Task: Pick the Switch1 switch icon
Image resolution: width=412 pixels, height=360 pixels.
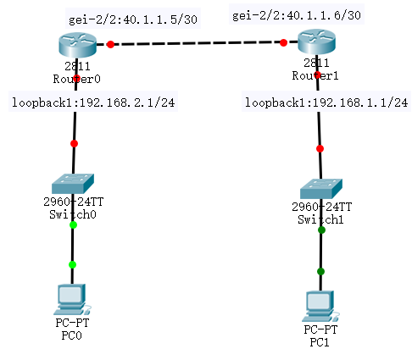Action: pyautogui.click(x=320, y=188)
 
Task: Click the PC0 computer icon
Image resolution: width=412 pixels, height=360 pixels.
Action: pyautogui.click(x=71, y=297)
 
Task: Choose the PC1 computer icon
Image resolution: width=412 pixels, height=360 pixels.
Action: pyautogui.click(x=320, y=303)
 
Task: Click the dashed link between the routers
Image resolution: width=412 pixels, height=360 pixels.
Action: pyautogui.click(x=195, y=43)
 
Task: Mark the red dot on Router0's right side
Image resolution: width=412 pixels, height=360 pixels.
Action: pyautogui.click(x=109, y=45)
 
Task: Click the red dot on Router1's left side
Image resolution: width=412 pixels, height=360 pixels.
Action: pyautogui.click(x=282, y=42)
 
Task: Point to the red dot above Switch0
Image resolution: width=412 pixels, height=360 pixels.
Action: pyautogui.click(x=74, y=143)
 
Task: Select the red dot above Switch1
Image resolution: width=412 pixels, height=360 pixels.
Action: pyautogui.click(x=320, y=148)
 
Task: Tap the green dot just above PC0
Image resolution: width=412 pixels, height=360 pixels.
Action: pyautogui.click(x=72, y=264)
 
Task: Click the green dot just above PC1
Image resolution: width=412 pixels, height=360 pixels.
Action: pyautogui.click(x=320, y=271)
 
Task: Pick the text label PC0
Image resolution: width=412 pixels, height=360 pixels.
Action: pyautogui.click(x=71, y=335)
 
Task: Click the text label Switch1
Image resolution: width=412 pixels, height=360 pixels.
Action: pyautogui.click(x=320, y=218)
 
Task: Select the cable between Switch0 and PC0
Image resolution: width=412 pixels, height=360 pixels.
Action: pyautogui.click(x=72, y=246)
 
